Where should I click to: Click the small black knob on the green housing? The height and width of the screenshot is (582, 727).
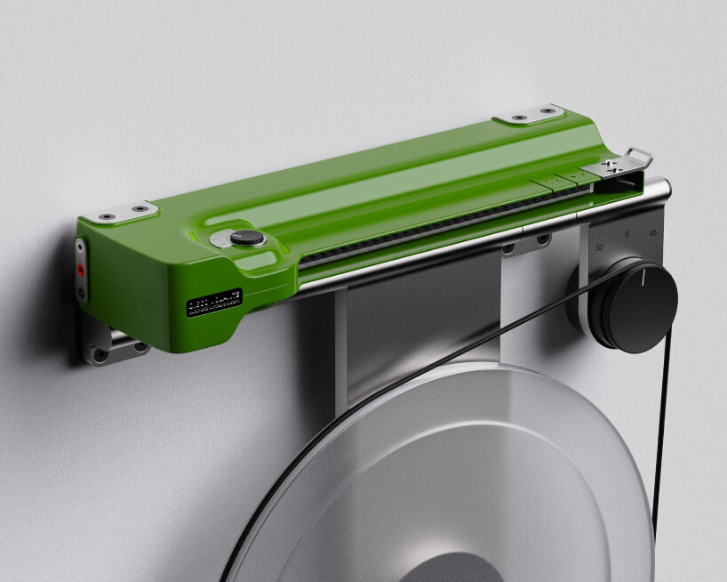click(248, 238)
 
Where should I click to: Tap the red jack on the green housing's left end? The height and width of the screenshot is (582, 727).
click(81, 269)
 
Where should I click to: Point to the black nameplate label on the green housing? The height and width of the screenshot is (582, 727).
click(213, 304)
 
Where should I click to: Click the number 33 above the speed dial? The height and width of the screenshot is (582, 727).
click(599, 247)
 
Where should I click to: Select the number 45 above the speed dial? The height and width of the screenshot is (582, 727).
click(653, 234)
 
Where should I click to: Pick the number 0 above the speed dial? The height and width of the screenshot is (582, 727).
click(627, 235)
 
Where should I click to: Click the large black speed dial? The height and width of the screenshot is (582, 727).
click(633, 305)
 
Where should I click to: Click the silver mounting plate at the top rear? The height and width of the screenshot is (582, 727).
click(530, 116)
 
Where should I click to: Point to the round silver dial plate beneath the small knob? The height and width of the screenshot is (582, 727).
click(226, 240)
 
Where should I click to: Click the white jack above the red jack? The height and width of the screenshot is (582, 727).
click(80, 248)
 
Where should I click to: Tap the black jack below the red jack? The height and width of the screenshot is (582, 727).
click(82, 289)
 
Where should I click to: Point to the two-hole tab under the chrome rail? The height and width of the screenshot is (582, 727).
click(524, 245)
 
